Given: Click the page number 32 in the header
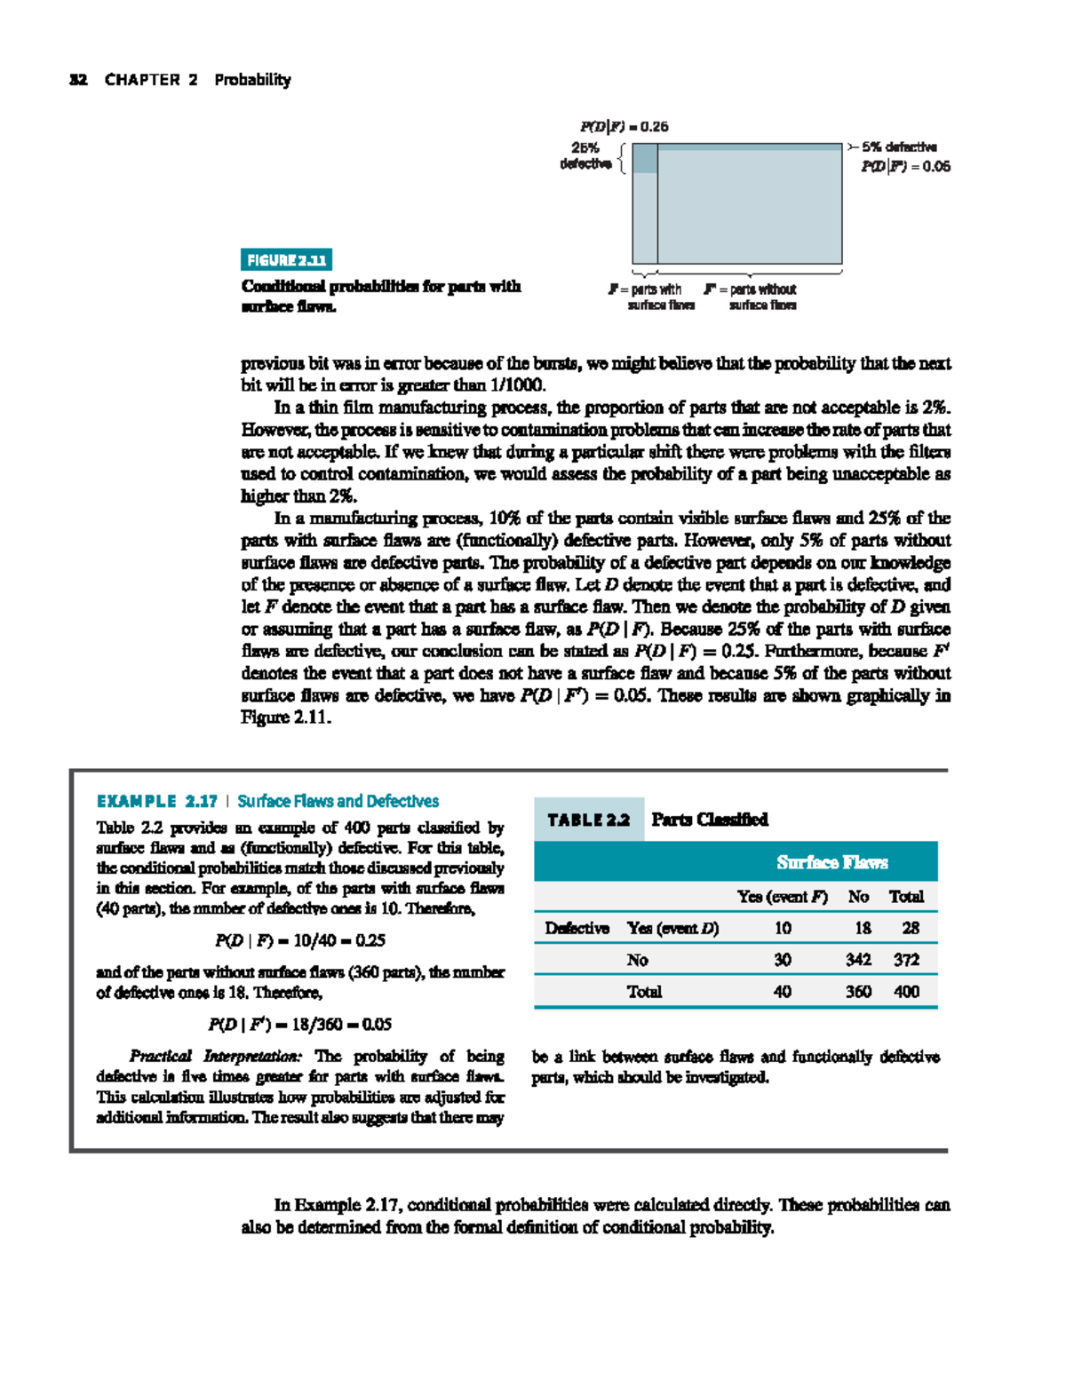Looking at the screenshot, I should coord(78,80).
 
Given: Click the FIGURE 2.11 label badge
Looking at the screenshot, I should coord(286,260).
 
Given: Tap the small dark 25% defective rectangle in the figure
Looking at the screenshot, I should coord(645,158).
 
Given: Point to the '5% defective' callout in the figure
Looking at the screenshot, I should coord(898,147).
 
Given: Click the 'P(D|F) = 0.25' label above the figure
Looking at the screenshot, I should coord(624,126).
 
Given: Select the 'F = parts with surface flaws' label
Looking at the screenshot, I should coord(655,297).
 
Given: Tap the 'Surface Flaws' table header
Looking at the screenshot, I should coord(831,862).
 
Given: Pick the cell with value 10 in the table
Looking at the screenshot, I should coord(782,928).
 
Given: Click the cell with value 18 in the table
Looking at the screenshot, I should coord(862,928).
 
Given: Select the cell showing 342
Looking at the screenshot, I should coord(858,960).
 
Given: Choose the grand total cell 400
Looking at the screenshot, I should coord(906,992).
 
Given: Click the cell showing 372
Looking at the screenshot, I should coord(906,960).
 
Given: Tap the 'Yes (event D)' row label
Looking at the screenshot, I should coord(672,928).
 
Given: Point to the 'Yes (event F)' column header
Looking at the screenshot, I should coord(782,897).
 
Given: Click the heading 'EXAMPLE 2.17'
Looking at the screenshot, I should coord(157,801).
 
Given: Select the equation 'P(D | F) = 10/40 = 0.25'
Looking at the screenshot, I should coord(300,939).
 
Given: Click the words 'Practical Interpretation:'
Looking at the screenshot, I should coord(216,1056).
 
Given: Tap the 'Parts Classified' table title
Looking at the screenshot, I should coord(709,820).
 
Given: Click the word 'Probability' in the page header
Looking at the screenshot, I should coord(252,80).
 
